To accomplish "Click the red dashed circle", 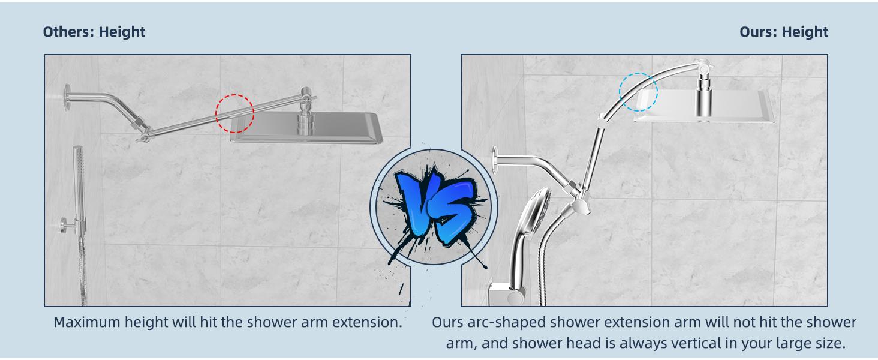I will pos(234,113).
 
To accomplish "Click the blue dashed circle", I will pos(638,92).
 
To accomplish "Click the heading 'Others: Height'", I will pos(94,32).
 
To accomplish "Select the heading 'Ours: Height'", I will pos(783,32).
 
